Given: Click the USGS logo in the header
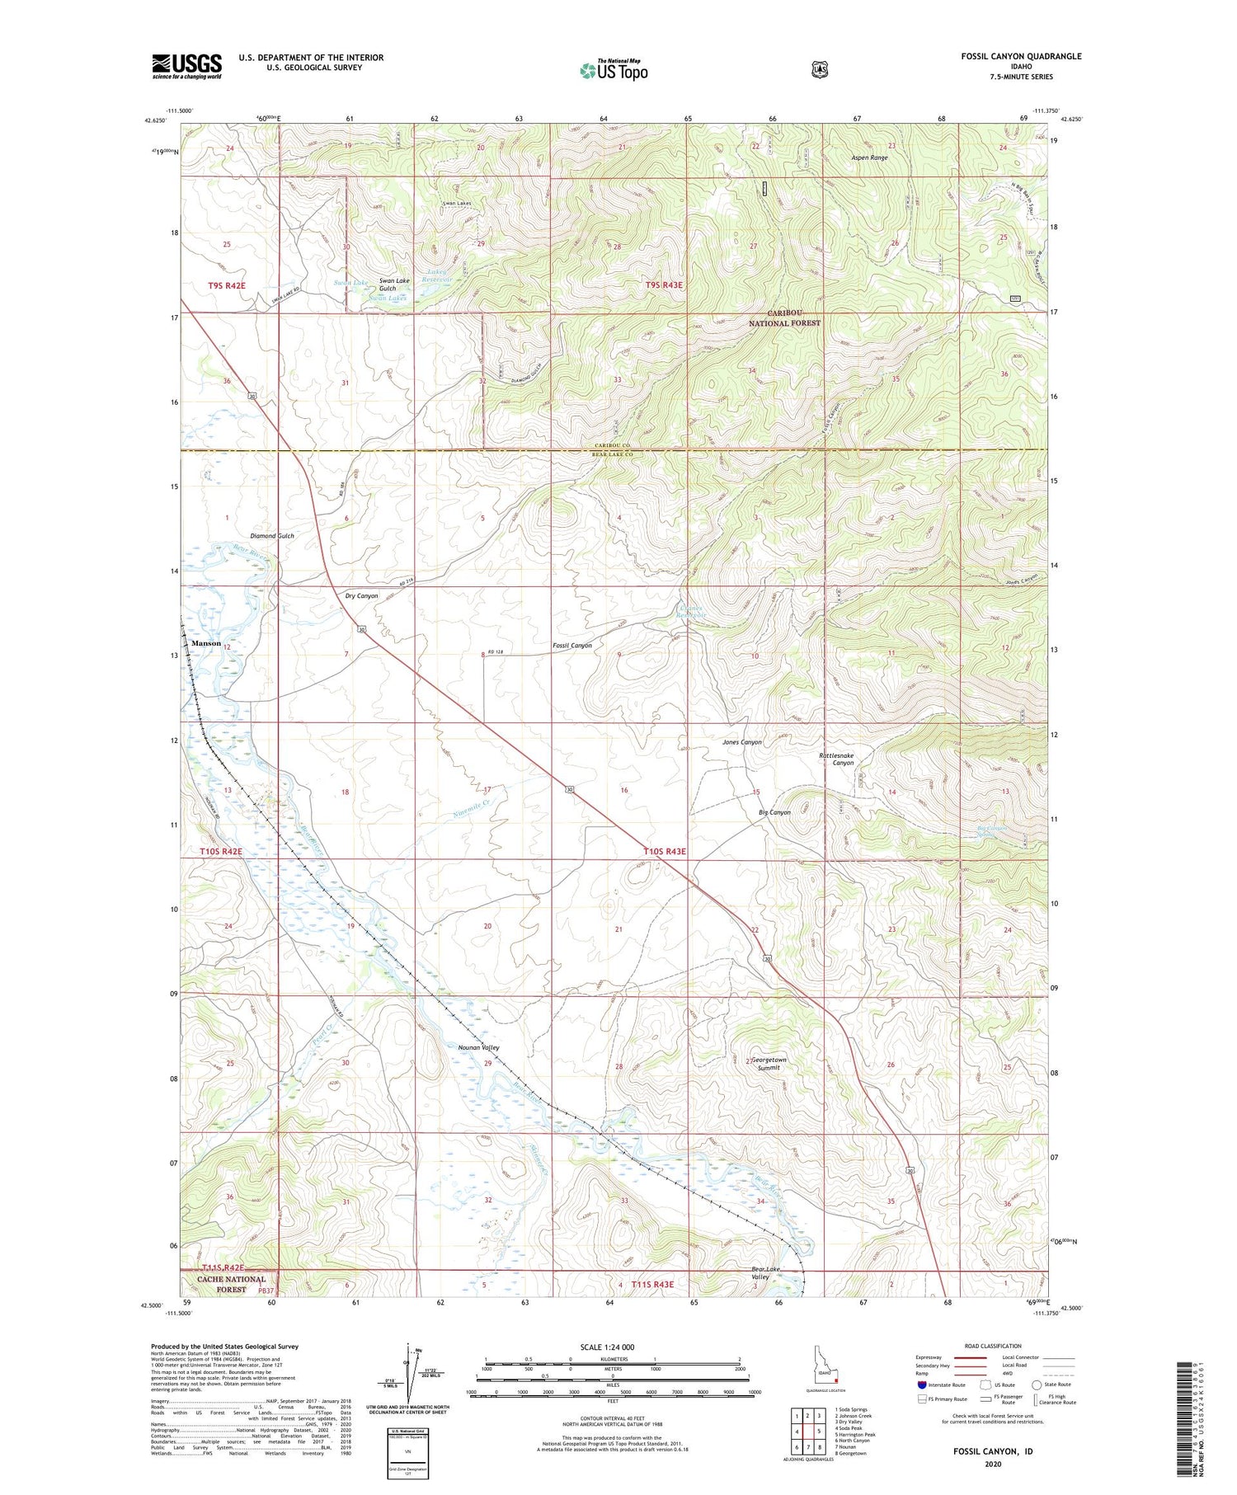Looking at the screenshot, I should [x=186, y=66].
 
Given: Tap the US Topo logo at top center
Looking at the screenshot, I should [x=614, y=70].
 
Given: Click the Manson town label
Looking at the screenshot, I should [x=206, y=643].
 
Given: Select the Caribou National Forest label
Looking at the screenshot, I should [x=784, y=318].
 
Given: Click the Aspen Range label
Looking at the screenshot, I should [x=869, y=157].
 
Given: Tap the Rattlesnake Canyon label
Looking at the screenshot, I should [x=836, y=759].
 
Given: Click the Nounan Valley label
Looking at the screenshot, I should [x=478, y=1047].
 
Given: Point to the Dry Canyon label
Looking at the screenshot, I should [x=361, y=595].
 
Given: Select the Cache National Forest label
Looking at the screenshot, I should [x=231, y=1284].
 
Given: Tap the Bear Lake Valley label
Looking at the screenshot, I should [x=760, y=1272].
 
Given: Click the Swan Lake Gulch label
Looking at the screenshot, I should [x=394, y=284].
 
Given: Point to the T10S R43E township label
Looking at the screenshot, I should [x=665, y=851].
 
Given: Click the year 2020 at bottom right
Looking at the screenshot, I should [x=992, y=1464].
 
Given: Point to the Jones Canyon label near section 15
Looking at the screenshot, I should [x=741, y=742].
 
